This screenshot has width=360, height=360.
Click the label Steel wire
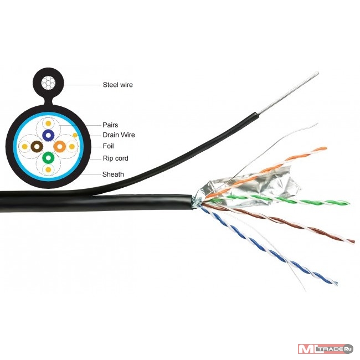tap(117, 85)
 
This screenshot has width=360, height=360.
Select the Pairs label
tap(110, 125)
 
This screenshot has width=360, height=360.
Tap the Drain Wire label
tap(119, 135)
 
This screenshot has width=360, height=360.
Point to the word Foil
tap(108, 146)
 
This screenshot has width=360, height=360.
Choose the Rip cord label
tap(115, 158)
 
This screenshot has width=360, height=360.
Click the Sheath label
tap(113, 174)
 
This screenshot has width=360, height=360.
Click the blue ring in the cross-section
tap(48, 135)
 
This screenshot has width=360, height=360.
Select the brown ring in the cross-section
tap(37, 146)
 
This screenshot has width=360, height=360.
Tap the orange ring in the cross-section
tap(60, 146)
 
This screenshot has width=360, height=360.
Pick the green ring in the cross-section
tap(48, 158)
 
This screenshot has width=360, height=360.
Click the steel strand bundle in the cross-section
tap(48, 83)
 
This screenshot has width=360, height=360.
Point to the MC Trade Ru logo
tap(325, 349)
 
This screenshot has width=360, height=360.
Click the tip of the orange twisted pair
tap(325, 148)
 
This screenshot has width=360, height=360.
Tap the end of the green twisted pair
tap(348, 203)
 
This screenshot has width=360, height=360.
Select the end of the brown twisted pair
tap(353, 241)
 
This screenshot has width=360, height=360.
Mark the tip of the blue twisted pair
tap(336, 283)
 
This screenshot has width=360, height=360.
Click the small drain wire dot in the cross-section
tap(75, 136)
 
